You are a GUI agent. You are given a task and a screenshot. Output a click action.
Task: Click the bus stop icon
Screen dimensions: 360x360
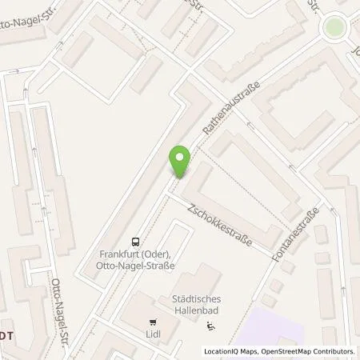pyautogui.click(x=135, y=240)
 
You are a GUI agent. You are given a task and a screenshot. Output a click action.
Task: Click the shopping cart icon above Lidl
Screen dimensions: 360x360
pyautogui.click(x=152, y=323)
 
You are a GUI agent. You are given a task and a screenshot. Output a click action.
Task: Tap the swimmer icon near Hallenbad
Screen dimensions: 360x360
pyautogui.click(x=210, y=326)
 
